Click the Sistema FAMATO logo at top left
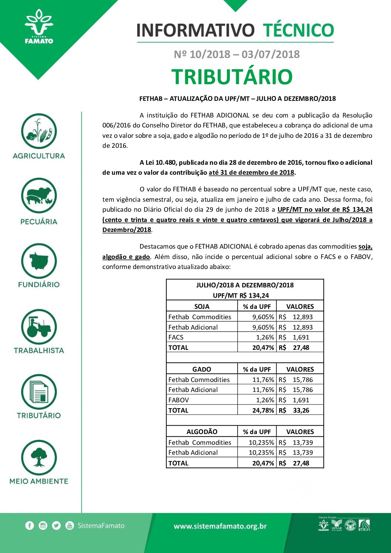(x=39, y=27)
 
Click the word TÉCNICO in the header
(x=298, y=30)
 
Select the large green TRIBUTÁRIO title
(x=232, y=77)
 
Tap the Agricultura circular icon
(x=39, y=131)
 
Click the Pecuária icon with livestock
(x=39, y=196)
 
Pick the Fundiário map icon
(x=39, y=261)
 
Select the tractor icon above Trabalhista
(x=39, y=327)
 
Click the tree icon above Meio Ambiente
(x=39, y=457)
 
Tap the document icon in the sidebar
(x=39, y=392)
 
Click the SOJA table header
(x=202, y=306)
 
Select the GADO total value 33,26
(x=301, y=410)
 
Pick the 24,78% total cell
(x=263, y=410)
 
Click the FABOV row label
(x=178, y=400)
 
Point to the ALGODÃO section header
(x=202, y=432)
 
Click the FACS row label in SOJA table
(x=176, y=337)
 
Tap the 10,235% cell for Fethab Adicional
(x=261, y=453)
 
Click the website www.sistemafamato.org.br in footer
(x=220, y=526)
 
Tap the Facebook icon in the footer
(x=30, y=526)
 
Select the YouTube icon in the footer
(x=69, y=526)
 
